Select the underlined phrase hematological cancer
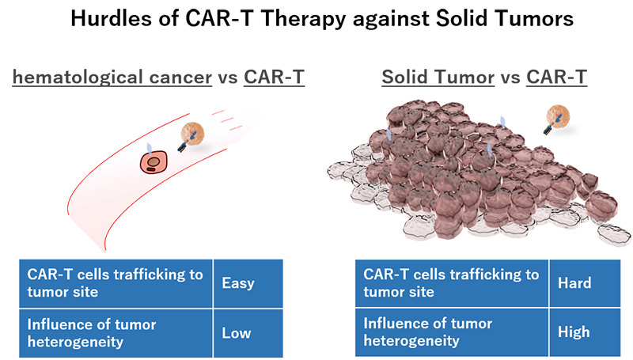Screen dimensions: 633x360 tap(112, 77)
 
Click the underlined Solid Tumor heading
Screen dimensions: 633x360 tap(438, 77)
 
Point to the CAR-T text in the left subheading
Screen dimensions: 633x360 tap(274, 77)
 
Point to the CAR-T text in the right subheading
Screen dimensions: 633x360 tap(556, 77)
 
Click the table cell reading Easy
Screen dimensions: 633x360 tap(248, 283)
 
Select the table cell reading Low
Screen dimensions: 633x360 tap(248, 333)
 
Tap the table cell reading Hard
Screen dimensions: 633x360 tap(585, 283)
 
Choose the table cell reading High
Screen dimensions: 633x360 tap(585, 332)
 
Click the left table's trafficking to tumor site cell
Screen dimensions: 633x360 tap(116, 283)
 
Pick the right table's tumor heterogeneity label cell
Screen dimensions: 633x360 tap(451, 332)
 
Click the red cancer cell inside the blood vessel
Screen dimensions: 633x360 tap(154, 162)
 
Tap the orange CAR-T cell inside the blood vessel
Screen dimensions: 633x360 tap(192, 134)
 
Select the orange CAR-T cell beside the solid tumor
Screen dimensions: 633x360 tap(558, 116)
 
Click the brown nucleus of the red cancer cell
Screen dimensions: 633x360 tap(154, 162)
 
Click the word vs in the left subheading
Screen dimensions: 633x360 tap(228, 78)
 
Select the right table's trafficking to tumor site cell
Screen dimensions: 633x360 tap(451, 283)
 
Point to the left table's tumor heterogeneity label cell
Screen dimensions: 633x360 tap(116, 333)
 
